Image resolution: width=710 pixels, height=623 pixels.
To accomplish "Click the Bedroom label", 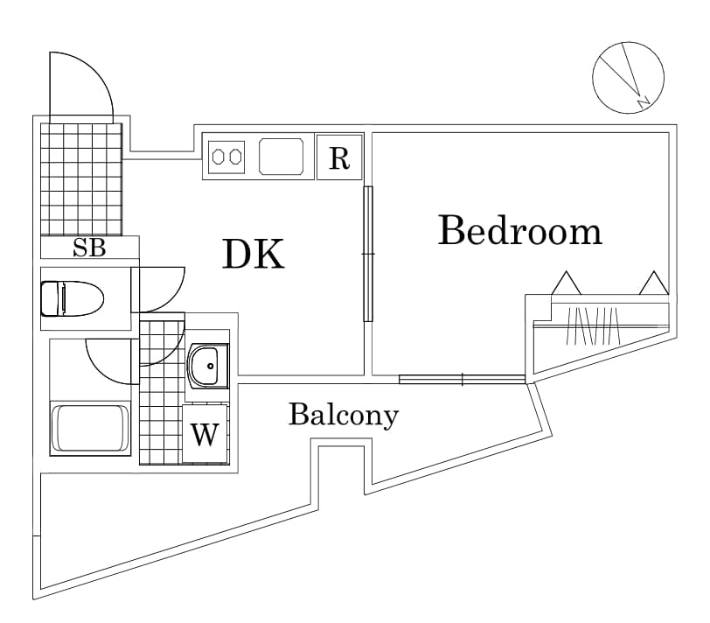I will click(519, 231).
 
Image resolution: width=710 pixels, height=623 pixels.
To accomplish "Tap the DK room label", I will click(254, 254).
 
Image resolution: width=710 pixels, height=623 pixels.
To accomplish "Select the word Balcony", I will click(343, 415).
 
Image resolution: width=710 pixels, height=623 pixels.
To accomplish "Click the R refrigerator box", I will click(339, 157).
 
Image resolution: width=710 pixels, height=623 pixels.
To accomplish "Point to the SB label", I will click(88, 248).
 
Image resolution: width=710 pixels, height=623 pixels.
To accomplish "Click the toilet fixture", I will click(72, 297).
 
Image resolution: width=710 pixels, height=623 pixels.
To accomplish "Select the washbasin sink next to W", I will click(207, 366).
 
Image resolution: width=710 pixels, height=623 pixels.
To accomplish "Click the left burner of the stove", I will click(219, 157).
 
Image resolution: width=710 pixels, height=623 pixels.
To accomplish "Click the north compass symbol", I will click(628, 77).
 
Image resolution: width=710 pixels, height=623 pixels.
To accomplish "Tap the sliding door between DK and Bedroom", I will click(368, 254).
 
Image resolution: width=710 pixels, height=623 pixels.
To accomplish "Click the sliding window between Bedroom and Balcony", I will click(462, 379).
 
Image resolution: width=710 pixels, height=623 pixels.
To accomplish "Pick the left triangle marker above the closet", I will click(566, 283).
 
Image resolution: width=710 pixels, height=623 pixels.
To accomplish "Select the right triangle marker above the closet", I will click(653, 283).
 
